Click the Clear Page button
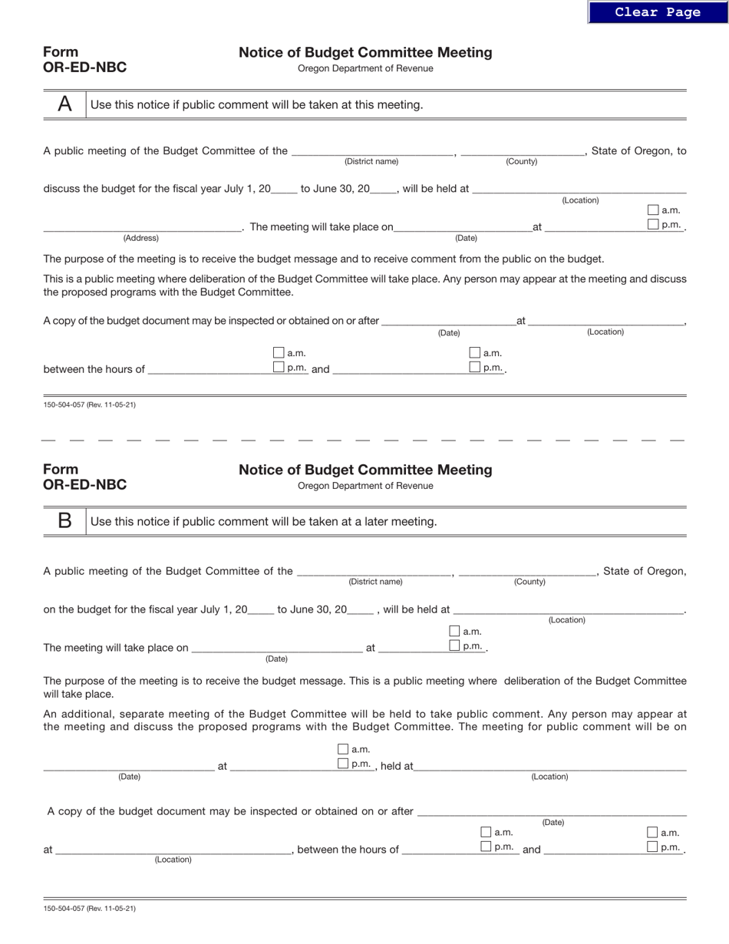(658, 12)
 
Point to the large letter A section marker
(65, 104)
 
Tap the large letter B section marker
(65, 521)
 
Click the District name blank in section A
(371, 150)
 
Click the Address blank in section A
(142, 226)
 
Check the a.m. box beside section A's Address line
(653, 210)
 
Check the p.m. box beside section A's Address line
(653, 225)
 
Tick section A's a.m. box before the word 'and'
(279, 353)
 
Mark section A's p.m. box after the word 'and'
(475, 368)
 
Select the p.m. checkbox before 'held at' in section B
(343, 764)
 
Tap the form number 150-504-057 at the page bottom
(90, 909)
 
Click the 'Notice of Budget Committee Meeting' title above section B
(365, 470)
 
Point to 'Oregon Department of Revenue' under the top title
(365, 68)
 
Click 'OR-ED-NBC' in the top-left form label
(85, 68)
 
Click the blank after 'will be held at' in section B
(568, 609)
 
